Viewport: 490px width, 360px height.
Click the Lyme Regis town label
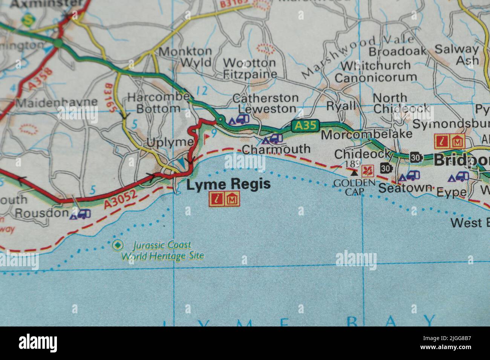point(229,185)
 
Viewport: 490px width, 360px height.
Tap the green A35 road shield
point(305,126)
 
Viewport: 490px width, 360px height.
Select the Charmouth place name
point(276,149)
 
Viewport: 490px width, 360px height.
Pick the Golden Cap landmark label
point(354,187)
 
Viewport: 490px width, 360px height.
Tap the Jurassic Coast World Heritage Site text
point(162,251)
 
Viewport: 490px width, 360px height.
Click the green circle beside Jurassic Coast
point(118,245)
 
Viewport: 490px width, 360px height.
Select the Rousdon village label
point(41,213)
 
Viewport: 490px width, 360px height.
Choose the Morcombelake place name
point(366,134)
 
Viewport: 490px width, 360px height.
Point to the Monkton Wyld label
point(185,56)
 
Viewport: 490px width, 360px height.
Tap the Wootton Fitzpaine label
point(250,68)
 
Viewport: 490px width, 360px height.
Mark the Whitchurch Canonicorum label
point(375,71)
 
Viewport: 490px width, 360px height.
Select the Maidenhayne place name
point(57,102)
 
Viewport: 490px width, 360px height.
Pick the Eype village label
point(451,192)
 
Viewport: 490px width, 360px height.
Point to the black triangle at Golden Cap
point(354,173)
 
